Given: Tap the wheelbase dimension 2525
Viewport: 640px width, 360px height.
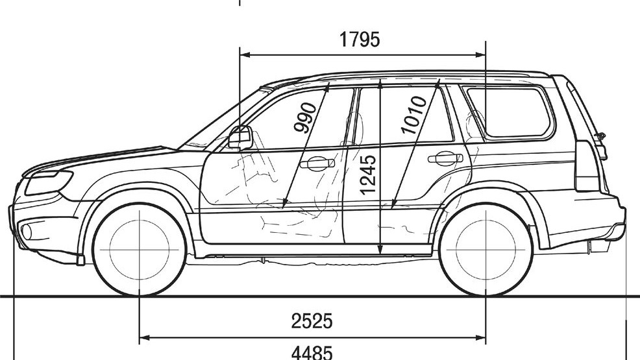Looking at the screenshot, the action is [x=312, y=320].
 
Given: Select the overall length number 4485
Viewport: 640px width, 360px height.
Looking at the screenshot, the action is [x=312, y=352].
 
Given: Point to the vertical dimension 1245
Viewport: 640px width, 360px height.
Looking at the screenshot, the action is [x=368, y=174].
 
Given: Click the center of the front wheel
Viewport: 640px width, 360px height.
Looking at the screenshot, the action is [x=140, y=250].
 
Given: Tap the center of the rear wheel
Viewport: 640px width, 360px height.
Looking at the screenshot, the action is [x=486, y=250].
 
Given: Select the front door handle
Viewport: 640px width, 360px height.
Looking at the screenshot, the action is [x=317, y=162].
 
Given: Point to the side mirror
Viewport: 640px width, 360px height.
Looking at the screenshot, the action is [x=240, y=138].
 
